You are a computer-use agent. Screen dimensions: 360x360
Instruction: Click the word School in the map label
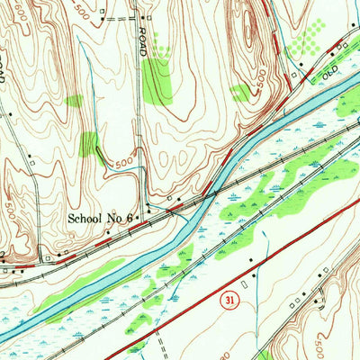87,219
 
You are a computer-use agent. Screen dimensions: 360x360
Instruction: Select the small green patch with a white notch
240,92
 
